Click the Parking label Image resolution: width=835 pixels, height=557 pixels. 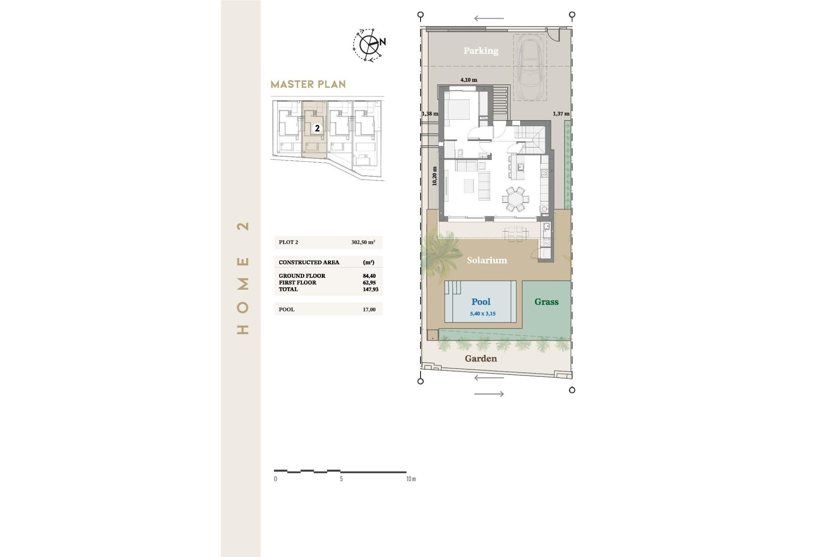click(x=481, y=50)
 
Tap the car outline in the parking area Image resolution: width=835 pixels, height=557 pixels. click(x=530, y=67)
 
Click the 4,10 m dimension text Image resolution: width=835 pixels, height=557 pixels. click(x=469, y=80)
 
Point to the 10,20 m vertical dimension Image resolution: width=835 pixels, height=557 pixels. click(x=434, y=176)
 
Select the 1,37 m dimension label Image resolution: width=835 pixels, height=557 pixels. click(x=561, y=114)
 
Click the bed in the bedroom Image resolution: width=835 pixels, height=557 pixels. click(x=457, y=109)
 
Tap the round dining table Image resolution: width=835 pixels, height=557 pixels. click(x=516, y=199)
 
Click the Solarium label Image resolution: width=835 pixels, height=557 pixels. click(x=487, y=260)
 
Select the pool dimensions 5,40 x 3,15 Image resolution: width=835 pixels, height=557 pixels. click(x=482, y=313)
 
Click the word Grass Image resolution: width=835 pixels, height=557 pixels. click(x=546, y=302)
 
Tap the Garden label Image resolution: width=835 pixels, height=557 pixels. click(x=481, y=359)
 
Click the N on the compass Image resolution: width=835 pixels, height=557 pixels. click(x=383, y=42)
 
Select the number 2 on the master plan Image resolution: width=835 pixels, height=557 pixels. click(x=317, y=128)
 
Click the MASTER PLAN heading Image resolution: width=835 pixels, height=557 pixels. click(x=308, y=84)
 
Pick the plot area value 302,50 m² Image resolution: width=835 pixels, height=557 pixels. click(x=363, y=242)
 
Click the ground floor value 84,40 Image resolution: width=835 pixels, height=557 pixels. click(x=369, y=276)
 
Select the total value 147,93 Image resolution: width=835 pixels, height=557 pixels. click(x=371, y=289)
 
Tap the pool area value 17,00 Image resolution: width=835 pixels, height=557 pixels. click(x=369, y=309)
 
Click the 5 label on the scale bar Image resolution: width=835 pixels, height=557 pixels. click(x=341, y=479)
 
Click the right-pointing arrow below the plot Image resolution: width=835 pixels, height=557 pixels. click(x=489, y=394)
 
